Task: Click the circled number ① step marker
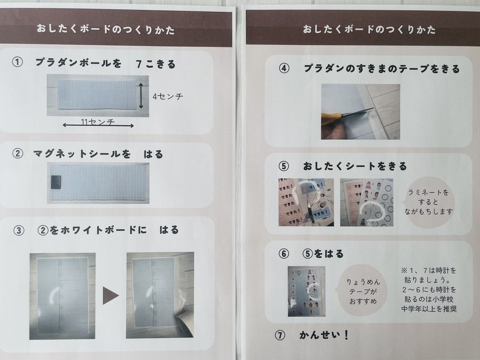pyautogui.click(x=17, y=62)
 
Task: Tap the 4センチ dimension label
pyautogui.click(x=168, y=97)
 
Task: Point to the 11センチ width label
pyautogui.click(x=98, y=122)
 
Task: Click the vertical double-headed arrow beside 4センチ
pyautogui.click(x=141, y=96)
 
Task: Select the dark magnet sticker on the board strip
pyautogui.click(x=56, y=182)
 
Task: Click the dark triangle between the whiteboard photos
pyautogui.click(x=110, y=295)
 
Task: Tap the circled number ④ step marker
pyautogui.click(x=284, y=68)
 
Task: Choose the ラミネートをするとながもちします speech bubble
pyautogui.click(x=428, y=202)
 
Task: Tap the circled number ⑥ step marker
pyautogui.click(x=284, y=253)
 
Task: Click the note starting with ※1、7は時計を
pyautogui.click(x=429, y=290)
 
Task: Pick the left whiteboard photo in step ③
pyautogui.click(x=62, y=296)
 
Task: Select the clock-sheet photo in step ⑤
pyautogui.click(x=367, y=202)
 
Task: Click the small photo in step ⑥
pyautogui.click(x=307, y=291)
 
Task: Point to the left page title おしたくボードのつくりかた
pyautogui.click(x=106, y=29)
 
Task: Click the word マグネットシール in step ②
pyautogui.click(x=77, y=154)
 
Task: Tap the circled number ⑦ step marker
pyautogui.click(x=280, y=335)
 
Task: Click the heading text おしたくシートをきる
pyautogui.click(x=355, y=166)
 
